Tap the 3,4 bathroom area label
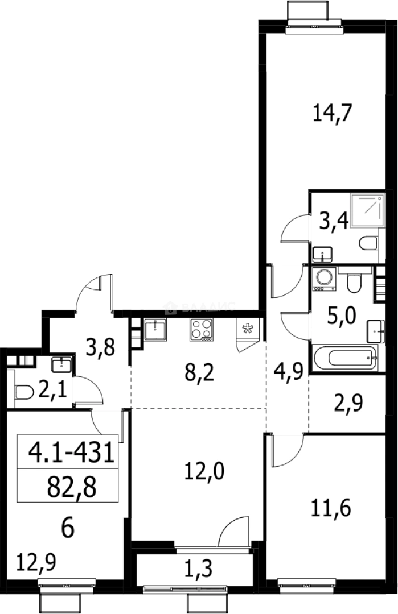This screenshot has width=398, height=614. coord(330,220)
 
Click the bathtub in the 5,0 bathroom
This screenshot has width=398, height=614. coord(344,359)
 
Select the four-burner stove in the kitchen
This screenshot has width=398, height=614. coord(200,329)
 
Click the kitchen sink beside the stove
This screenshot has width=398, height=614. coord(155,329)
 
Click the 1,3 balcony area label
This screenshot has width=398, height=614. coord(195,569)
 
